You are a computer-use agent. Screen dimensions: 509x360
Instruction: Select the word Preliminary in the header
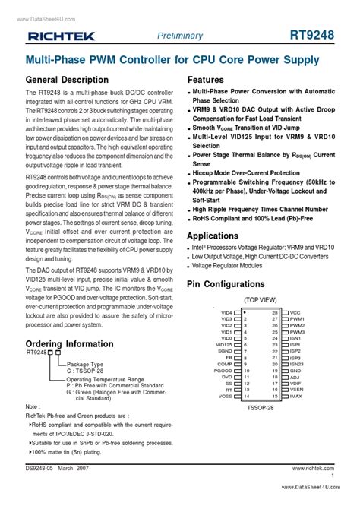[180, 36]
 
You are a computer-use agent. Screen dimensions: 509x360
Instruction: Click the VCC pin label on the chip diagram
[295, 312]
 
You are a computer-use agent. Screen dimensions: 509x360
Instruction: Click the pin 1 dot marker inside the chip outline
[245, 312]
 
